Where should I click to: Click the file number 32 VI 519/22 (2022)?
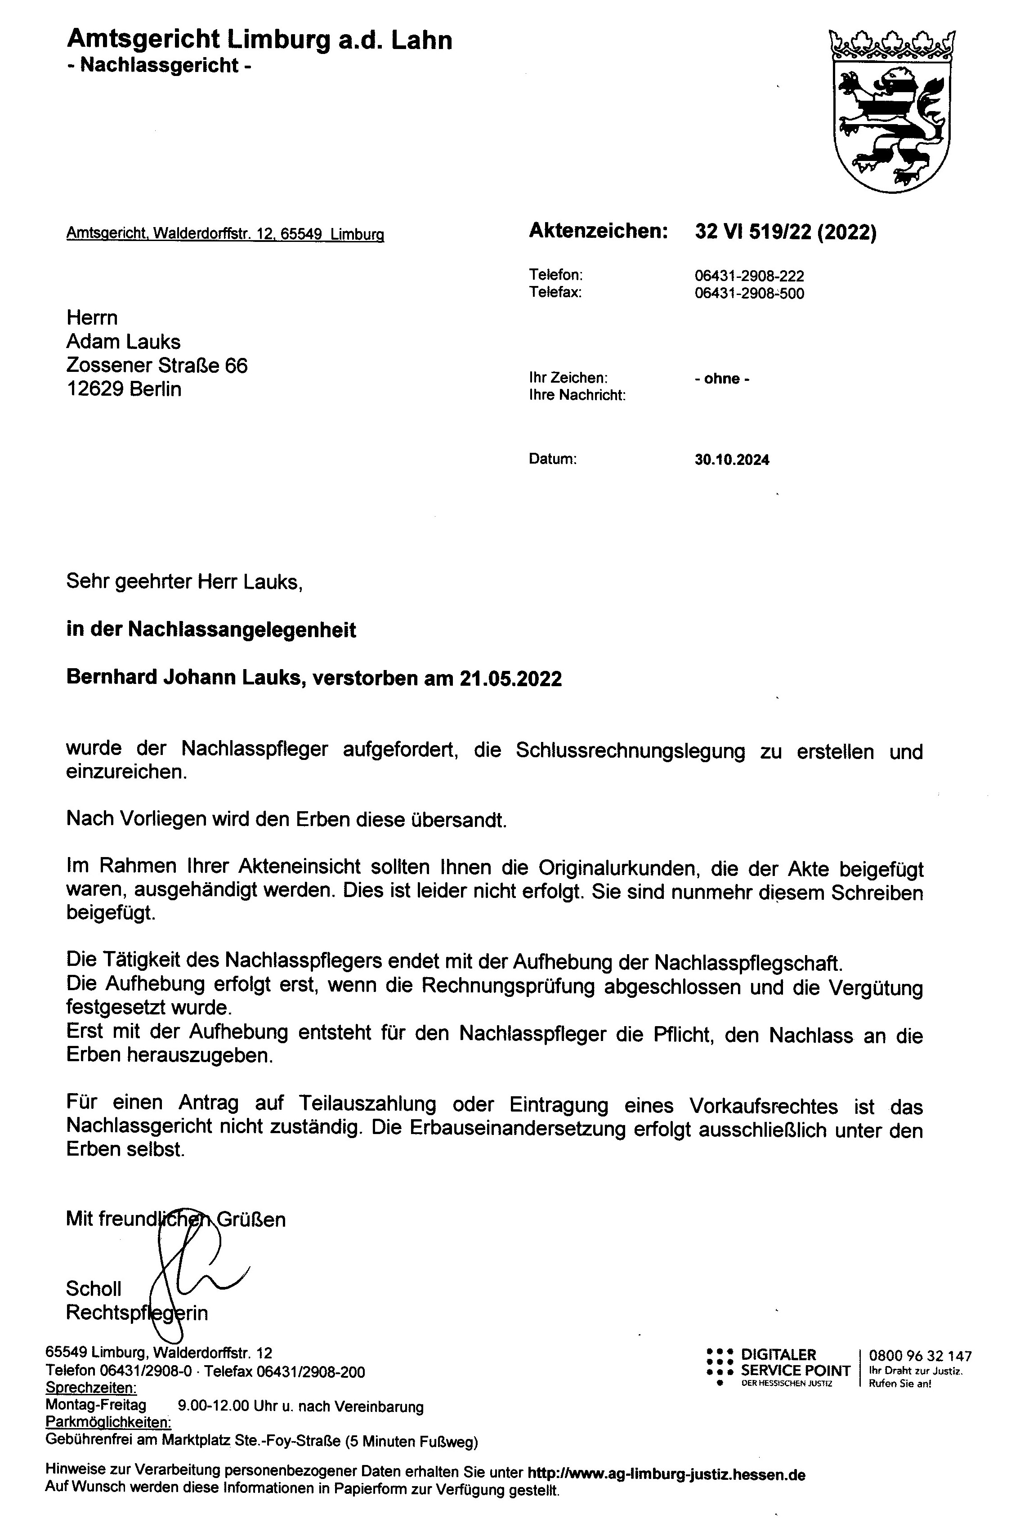click(785, 232)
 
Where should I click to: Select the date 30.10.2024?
click(732, 460)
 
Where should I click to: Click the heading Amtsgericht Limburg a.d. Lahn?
click(259, 40)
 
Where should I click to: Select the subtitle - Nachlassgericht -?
click(159, 66)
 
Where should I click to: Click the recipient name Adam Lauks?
click(123, 342)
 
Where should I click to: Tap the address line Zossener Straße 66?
click(157, 366)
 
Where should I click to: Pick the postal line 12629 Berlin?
click(124, 389)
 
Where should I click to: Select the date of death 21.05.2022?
click(510, 679)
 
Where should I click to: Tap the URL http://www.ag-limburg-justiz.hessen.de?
click(666, 1474)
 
